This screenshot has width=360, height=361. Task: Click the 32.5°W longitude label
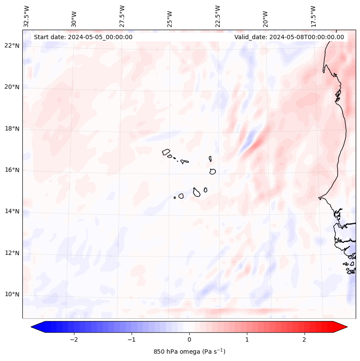[x=27, y=16]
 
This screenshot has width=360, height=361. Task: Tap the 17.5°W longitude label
[x=313, y=16]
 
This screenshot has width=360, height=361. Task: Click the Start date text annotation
[x=83, y=37]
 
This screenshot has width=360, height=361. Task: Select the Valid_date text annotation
[x=289, y=37]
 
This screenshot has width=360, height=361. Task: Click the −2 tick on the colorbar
[x=74, y=339]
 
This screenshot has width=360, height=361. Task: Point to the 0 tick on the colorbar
[x=189, y=339]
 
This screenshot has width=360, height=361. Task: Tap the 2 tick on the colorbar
[x=305, y=339]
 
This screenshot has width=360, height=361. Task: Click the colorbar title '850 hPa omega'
[x=189, y=352]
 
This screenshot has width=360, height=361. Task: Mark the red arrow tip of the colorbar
[x=346, y=327]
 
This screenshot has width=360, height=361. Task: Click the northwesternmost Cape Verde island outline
[x=166, y=152]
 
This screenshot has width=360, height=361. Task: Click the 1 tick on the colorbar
[x=247, y=339]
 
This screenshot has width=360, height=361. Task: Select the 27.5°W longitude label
[x=122, y=16]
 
